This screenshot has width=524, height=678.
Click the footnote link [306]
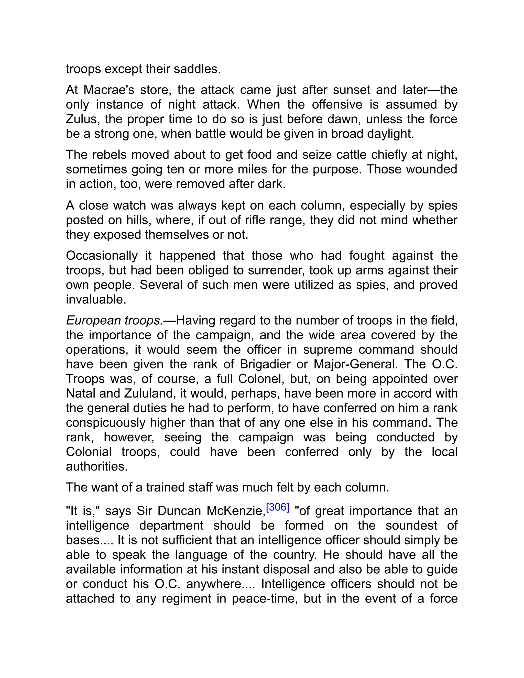click(278, 507)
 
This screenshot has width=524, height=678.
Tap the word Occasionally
click(102, 256)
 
